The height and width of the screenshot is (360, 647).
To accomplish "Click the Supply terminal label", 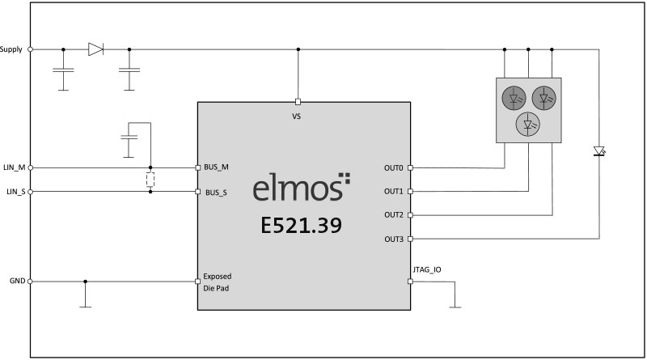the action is pyautogui.click(x=11, y=49).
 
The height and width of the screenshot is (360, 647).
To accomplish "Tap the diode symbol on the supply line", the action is pyautogui.click(x=95, y=49).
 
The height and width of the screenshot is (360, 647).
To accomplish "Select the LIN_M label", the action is pyautogui.click(x=14, y=167).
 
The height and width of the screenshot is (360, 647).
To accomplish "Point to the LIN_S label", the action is pyautogui.click(x=16, y=192).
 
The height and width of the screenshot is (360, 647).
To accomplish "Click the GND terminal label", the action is pyautogui.click(x=17, y=281).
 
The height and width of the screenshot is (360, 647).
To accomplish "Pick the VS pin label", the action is pyautogui.click(x=296, y=116).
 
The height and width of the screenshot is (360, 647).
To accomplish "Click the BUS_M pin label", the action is pyautogui.click(x=216, y=167).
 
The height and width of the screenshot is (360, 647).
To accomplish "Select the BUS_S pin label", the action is pyautogui.click(x=216, y=193).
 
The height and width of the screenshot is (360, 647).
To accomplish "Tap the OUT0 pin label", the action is pyautogui.click(x=394, y=168).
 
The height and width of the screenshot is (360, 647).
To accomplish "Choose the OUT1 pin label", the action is pyautogui.click(x=394, y=192).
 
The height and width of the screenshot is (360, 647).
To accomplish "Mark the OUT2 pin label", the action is pyautogui.click(x=394, y=215).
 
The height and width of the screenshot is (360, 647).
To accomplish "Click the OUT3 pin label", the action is pyautogui.click(x=394, y=239).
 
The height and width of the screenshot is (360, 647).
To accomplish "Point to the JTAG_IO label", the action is pyautogui.click(x=427, y=269).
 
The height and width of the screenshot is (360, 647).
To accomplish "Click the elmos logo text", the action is pyautogui.click(x=302, y=187).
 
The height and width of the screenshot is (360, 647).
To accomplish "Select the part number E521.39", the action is pyautogui.click(x=301, y=225).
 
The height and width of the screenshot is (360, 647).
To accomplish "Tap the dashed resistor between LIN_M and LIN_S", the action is pyautogui.click(x=150, y=180).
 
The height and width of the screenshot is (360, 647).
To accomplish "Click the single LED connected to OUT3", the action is pyautogui.click(x=599, y=151).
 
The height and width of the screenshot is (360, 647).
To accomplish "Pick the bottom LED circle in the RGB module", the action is pyautogui.click(x=528, y=125).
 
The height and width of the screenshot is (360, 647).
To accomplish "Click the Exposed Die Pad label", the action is pyautogui.click(x=217, y=282).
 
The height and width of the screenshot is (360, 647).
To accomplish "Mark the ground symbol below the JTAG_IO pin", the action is pyautogui.click(x=455, y=307).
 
